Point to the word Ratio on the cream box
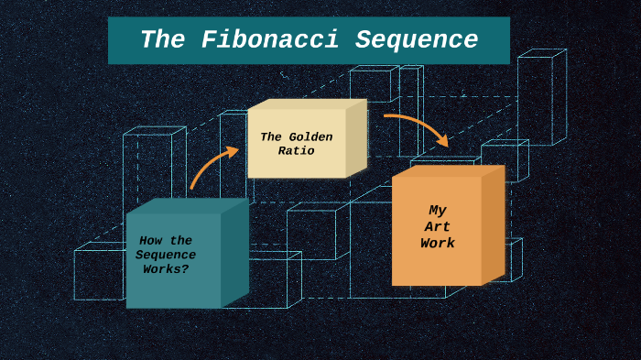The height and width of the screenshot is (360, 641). pyautogui.click(x=297, y=150)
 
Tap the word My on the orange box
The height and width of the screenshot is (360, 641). pyautogui.click(x=438, y=211)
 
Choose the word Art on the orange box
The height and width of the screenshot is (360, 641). pyautogui.click(x=438, y=227)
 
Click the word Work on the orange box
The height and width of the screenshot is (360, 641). pyautogui.click(x=438, y=244)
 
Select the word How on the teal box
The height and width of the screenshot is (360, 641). pyautogui.click(x=152, y=241)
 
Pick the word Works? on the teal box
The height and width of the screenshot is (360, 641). pyautogui.click(x=166, y=269)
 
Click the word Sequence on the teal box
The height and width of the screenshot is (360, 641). pyautogui.click(x=166, y=255)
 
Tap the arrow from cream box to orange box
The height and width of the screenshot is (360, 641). pyautogui.click(x=417, y=125)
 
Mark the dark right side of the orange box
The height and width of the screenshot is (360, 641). pyautogui.click(x=493, y=224)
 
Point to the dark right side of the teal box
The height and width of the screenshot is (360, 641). pyautogui.click(x=234, y=252)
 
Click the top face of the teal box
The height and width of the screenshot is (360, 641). pyautogui.click(x=188, y=206)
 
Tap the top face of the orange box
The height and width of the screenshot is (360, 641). pyautogui.click(x=449, y=170)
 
